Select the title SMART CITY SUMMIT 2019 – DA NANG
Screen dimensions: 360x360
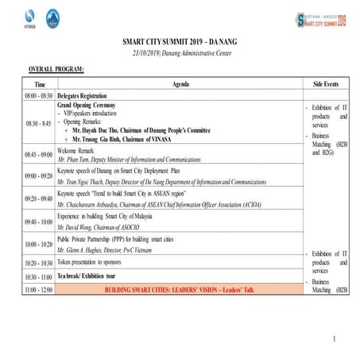point(180,40)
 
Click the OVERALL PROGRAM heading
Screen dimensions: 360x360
point(56,71)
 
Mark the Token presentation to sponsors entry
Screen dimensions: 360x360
point(95,261)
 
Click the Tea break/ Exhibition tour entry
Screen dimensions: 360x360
point(95,277)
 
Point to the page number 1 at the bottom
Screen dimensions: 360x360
point(335,339)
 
